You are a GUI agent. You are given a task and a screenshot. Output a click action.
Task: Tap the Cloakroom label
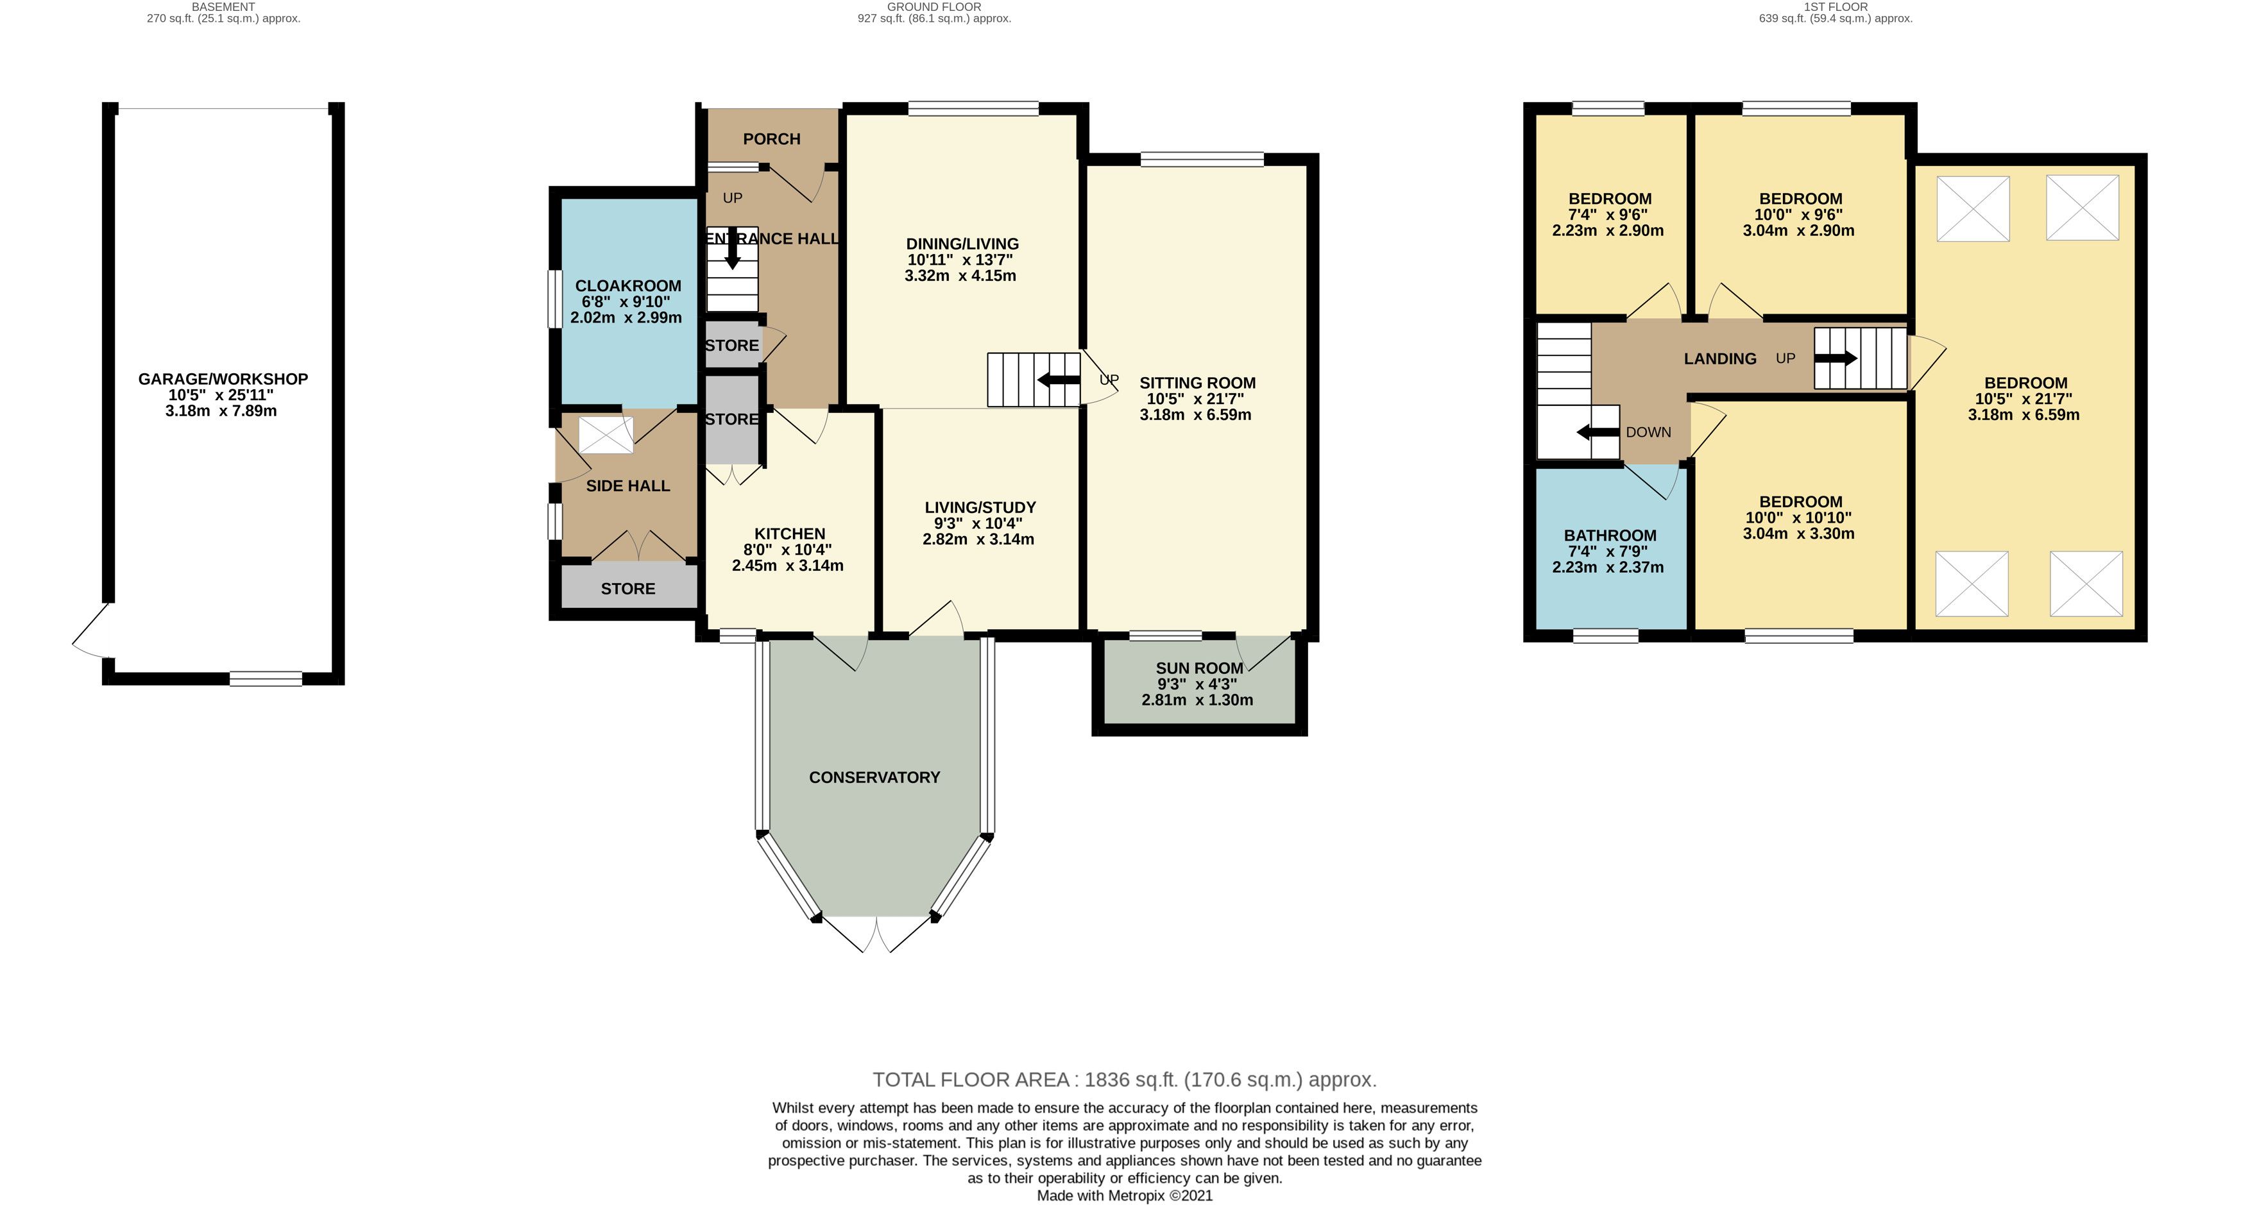pyautogui.click(x=628, y=285)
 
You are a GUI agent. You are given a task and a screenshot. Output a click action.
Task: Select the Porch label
pyautogui.click(x=771, y=139)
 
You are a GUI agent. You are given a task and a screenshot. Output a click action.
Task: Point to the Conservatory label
pyautogui.click(x=874, y=777)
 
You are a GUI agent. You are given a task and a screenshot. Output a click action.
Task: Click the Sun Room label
pyautogui.click(x=1199, y=668)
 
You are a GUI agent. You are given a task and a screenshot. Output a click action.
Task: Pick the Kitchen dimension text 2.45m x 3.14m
pyautogui.click(x=788, y=565)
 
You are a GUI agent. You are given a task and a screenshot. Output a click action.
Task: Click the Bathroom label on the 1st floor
pyautogui.click(x=1610, y=535)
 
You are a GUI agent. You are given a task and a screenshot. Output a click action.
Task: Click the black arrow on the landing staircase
pyautogui.click(x=1836, y=358)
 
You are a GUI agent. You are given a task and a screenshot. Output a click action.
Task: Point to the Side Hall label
pyautogui.click(x=628, y=485)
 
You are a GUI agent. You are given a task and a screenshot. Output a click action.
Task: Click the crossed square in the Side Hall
pyautogui.click(x=606, y=435)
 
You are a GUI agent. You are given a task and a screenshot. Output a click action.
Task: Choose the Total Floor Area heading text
pyautogui.click(x=1124, y=1079)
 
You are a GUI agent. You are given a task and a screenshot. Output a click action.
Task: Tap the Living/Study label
pyautogui.click(x=980, y=507)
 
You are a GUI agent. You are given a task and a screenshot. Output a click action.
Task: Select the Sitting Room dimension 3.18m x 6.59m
pyautogui.click(x=1195, y=415)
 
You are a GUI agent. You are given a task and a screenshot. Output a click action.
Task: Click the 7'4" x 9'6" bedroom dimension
pyautogui.click(x=1608, y=215)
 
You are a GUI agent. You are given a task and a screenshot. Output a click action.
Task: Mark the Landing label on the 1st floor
pyautogui.click(x=1720, y=358)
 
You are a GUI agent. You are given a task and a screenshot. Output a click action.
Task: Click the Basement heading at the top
pyautogui.click(x=224, y=6)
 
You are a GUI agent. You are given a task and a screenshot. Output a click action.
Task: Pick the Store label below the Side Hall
pyautogui.click(x=628, y=589)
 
